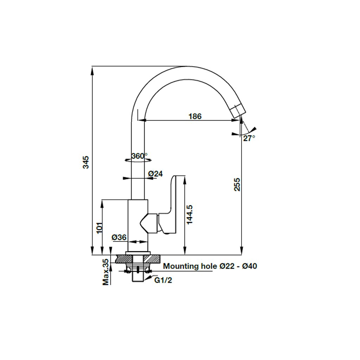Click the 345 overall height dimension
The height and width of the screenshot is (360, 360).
(x=86, y=162)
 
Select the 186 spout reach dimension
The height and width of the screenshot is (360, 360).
(x=194, y=116)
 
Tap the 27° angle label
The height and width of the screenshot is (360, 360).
(x=249, y=138)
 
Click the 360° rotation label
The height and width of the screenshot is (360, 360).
(x=139, y=156)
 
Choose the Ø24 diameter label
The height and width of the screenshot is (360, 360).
(x=155, y=174)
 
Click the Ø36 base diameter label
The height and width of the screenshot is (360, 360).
(x=119, y=238)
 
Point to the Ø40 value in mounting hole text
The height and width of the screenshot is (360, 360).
(x=250, y=266)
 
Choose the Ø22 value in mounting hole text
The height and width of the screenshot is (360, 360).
(x=226, y=266)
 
